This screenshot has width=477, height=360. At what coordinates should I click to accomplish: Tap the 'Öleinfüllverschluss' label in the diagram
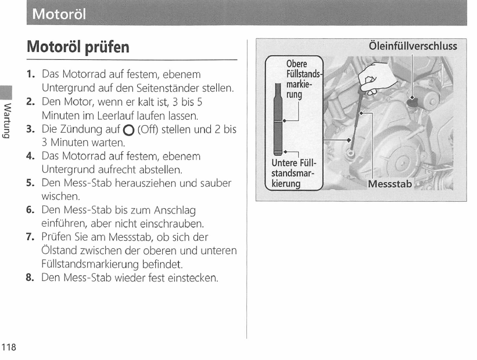413,45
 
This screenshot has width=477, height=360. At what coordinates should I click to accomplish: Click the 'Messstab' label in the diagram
389,184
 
